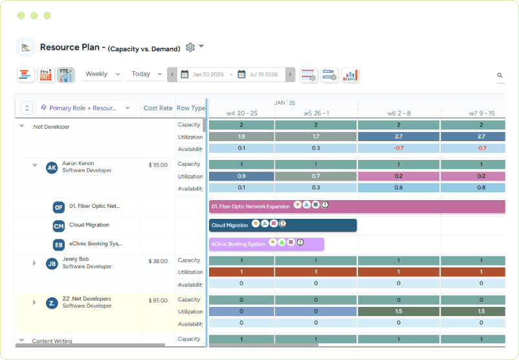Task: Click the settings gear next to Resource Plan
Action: pos(190,47)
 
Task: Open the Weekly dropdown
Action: pos(102,74)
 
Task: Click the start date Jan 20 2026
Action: pos(208,74)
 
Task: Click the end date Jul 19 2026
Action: pos(263,74)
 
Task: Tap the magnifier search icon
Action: pos(500,76)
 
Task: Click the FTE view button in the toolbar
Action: pos(65,75)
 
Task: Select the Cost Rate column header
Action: pos(158,108)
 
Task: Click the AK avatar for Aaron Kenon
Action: pos(52,168)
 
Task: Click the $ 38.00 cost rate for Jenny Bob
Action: pos(158,261)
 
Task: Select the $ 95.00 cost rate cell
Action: pos(158,300)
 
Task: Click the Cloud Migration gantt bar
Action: pos(283,225)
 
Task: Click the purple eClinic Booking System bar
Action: pos(266,244)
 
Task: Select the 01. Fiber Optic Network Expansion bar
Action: pos(357,207)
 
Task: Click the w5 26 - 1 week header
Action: pos(316,113)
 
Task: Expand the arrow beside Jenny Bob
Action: pos(35,263)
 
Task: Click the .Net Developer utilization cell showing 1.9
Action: pos(241,137)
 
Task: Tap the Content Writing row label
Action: pos(52,341)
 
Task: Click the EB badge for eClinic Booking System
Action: pos(59,245)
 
